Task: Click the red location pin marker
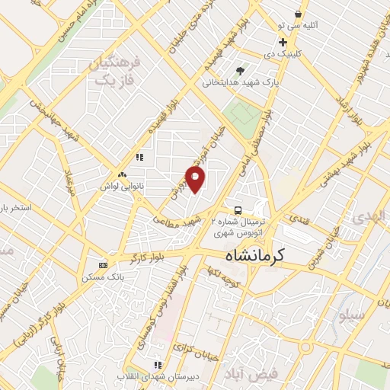pyautogui.click(x=196, y=180)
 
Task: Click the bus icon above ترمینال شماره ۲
pyautogui.click(x=238, y=210)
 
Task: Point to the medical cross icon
pyautogui.click(x=283, y=42)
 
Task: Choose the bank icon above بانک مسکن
pyautogui.click(x=103, y=265)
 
